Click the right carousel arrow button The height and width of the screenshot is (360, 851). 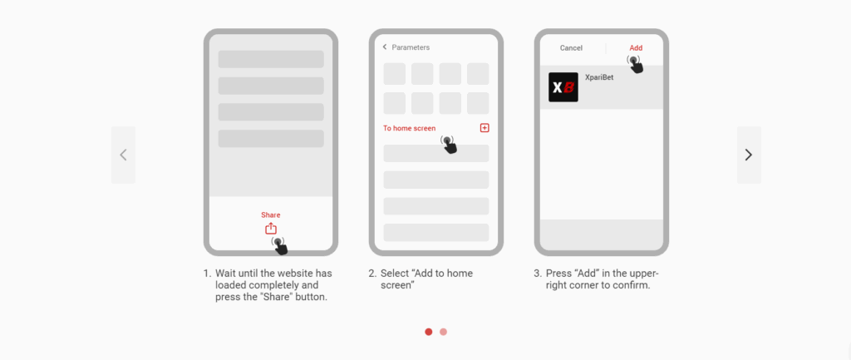coord(749,155)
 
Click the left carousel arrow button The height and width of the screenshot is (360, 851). coord(123,155)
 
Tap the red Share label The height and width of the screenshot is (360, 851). coord(271,215)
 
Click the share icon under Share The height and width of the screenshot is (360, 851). coord(271,229)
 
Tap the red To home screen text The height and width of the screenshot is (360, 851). coord(409,128)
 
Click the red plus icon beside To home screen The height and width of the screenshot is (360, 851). coord(485,127)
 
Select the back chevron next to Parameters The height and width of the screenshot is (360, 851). coord(385,47)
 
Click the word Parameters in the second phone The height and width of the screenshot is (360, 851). coord(411,47)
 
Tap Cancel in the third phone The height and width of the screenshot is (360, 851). coord(571,47)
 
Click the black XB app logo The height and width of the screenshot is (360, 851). coord(563,87)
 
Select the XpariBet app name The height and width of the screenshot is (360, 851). coord(599,77)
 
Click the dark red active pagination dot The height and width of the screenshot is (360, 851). coord(429,332)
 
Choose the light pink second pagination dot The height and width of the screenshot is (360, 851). coord(444,332)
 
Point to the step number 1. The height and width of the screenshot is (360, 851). coord(206,274)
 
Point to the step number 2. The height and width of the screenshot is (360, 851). coord(371,274)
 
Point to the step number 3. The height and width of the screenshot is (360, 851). coord(537,274)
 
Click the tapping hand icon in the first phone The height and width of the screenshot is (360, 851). coord(279,245)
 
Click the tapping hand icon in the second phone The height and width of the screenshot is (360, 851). coord(449,145)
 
